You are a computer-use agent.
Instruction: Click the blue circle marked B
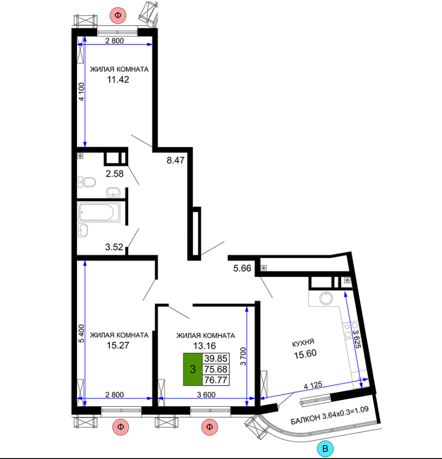(x=325, y=448)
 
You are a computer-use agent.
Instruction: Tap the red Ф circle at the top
(x=118, y=15)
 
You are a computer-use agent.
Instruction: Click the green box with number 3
(x=193, y=369)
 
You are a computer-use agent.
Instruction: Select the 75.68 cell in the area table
(x=216, y=369)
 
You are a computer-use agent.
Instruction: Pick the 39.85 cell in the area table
(x=216, y=358)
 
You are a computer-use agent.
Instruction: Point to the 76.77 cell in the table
(x=216, y=380)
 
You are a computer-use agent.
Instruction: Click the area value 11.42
(x=118, y=79)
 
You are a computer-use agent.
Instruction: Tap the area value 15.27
(x=118, y=345)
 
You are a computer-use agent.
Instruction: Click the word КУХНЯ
(x=303, y=343)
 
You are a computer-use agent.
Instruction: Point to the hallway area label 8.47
(x=175, y=160)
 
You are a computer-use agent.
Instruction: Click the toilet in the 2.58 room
(x=87, y=182)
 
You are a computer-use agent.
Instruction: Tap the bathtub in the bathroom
(x=99, y=212)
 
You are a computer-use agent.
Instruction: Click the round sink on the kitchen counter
(x=326, y=298)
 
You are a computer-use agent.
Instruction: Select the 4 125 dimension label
(x=313, y=385)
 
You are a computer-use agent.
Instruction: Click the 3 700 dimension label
(x=243, y=356)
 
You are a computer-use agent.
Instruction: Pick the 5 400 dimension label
(x=81, y=334)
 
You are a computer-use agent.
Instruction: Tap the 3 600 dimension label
(x=206, y=395)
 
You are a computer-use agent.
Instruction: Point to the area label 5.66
(x=242, y=268)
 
